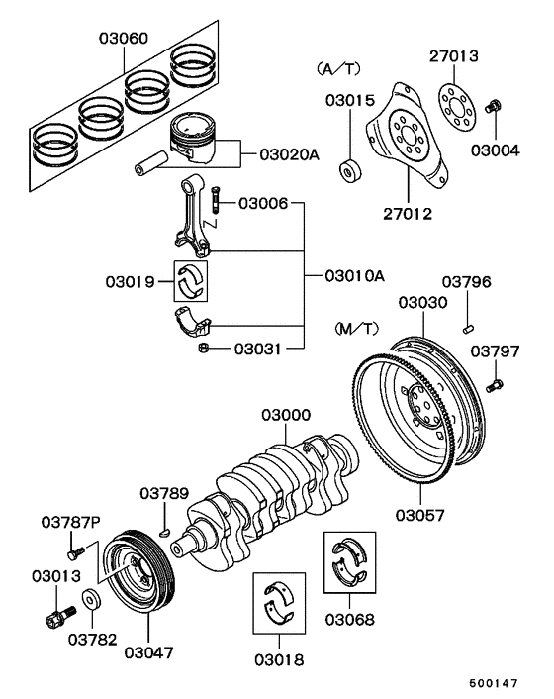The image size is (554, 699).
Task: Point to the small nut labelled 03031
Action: pyautogui.click(x=201, y=348)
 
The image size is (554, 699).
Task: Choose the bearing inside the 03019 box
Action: pyautogui.click(x=194, y=280)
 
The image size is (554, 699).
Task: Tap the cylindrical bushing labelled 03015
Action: pyautogui.click(x=350, y=171)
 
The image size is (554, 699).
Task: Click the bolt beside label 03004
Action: pyautogui.click(x=497, y=107)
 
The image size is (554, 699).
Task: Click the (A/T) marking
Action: pyautogui.click(x=337, y=69)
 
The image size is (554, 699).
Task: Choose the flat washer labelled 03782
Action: pyautogui.click(x=92, y=599)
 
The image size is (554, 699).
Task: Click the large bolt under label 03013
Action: pyautogui.click(x=57, y=620)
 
